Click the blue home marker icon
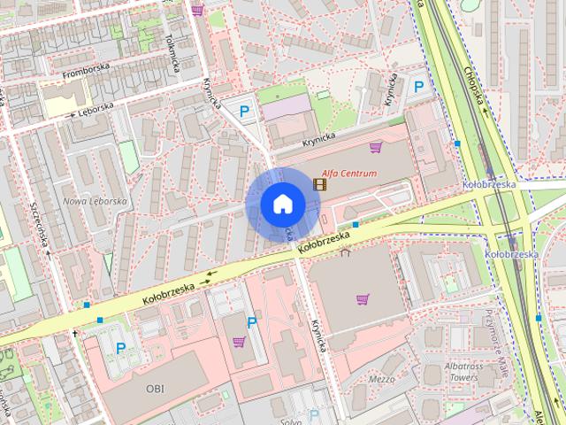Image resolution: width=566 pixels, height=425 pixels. (282, 204)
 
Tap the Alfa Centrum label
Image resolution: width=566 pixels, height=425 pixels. (348, 174)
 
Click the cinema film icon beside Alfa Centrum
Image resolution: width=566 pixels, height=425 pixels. (319, 184)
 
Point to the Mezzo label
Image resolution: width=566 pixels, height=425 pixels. (382, 379)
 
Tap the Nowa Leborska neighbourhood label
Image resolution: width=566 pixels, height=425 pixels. (96, 201)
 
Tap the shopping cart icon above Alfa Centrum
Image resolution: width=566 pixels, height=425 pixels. (375, 147)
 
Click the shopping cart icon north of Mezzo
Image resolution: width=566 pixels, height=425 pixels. (362, 299)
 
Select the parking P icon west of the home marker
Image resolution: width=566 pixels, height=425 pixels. (244, 111)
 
